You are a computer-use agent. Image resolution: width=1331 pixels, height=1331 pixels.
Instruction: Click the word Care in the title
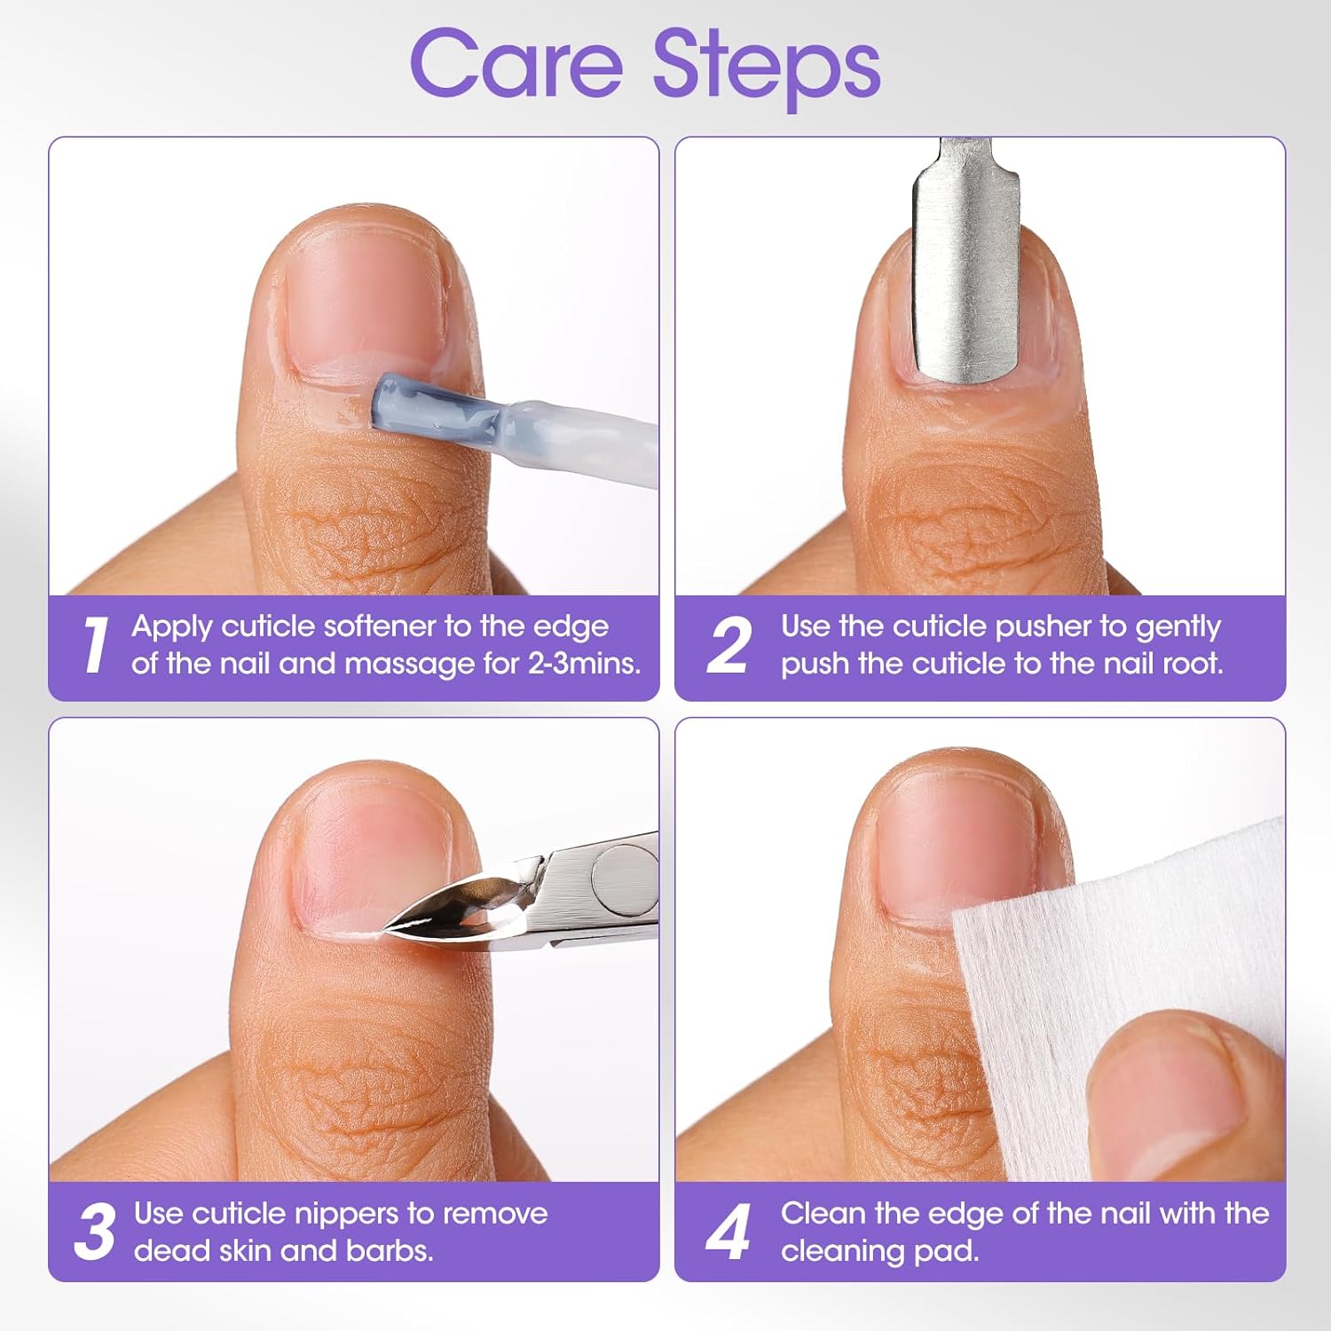tap(516, 64)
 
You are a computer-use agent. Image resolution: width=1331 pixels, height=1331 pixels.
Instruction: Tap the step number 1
tap(94, 645)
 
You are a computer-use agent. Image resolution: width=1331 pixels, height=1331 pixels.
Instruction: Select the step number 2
tap(729, 645)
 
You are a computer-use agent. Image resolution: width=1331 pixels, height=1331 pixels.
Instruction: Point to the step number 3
tap(94, 1232)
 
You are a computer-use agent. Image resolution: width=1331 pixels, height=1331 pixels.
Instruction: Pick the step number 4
tap(729, 1232)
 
